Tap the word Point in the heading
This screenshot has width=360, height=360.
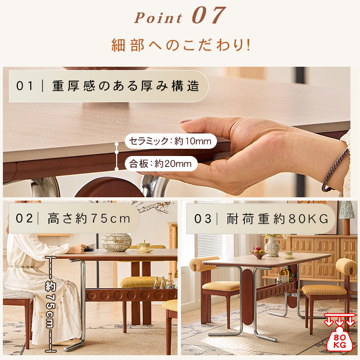click(158, 18)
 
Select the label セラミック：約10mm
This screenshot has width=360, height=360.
click(170, 141)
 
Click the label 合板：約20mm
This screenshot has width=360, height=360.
click(160, 164)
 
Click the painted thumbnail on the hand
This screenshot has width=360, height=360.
click(186, 121)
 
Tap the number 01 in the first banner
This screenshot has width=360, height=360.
click(24, 86)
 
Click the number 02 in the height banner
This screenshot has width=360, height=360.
click(24, 218)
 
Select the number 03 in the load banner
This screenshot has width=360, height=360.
click(203, 218)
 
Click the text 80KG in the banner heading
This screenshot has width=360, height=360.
click(309, 219)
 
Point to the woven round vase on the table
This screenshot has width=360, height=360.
click(116, 242)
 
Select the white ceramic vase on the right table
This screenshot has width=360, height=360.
click(273, 246)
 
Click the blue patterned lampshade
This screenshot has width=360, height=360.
click(347, 210)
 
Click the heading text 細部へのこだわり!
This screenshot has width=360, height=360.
click(180, 45)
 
